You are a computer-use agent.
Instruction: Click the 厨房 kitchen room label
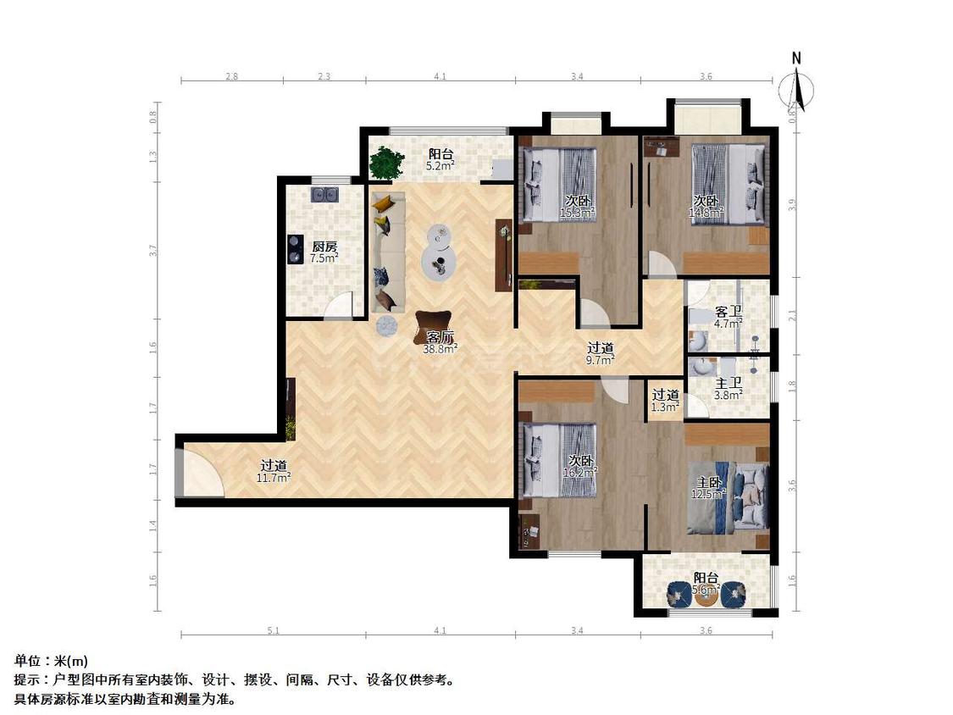pos(324,247)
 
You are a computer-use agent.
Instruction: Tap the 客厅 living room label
pos(440,336)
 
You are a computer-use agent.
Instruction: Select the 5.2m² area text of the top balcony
pos(440,166)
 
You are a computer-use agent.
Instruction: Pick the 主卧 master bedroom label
pos(708,482)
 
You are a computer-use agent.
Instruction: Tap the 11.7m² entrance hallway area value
pos(274,478)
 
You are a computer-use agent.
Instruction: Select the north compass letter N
pos(796,58)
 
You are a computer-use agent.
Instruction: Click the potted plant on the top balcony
pos(386,162)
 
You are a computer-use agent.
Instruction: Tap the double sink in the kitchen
pos(324,195)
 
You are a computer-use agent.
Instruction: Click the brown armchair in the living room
pos(432,325)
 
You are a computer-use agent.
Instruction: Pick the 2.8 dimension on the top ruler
pos(231,76)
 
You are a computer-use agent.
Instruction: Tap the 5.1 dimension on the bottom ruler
pos(273,630)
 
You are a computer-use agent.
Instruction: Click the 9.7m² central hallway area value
pos(601,359)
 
